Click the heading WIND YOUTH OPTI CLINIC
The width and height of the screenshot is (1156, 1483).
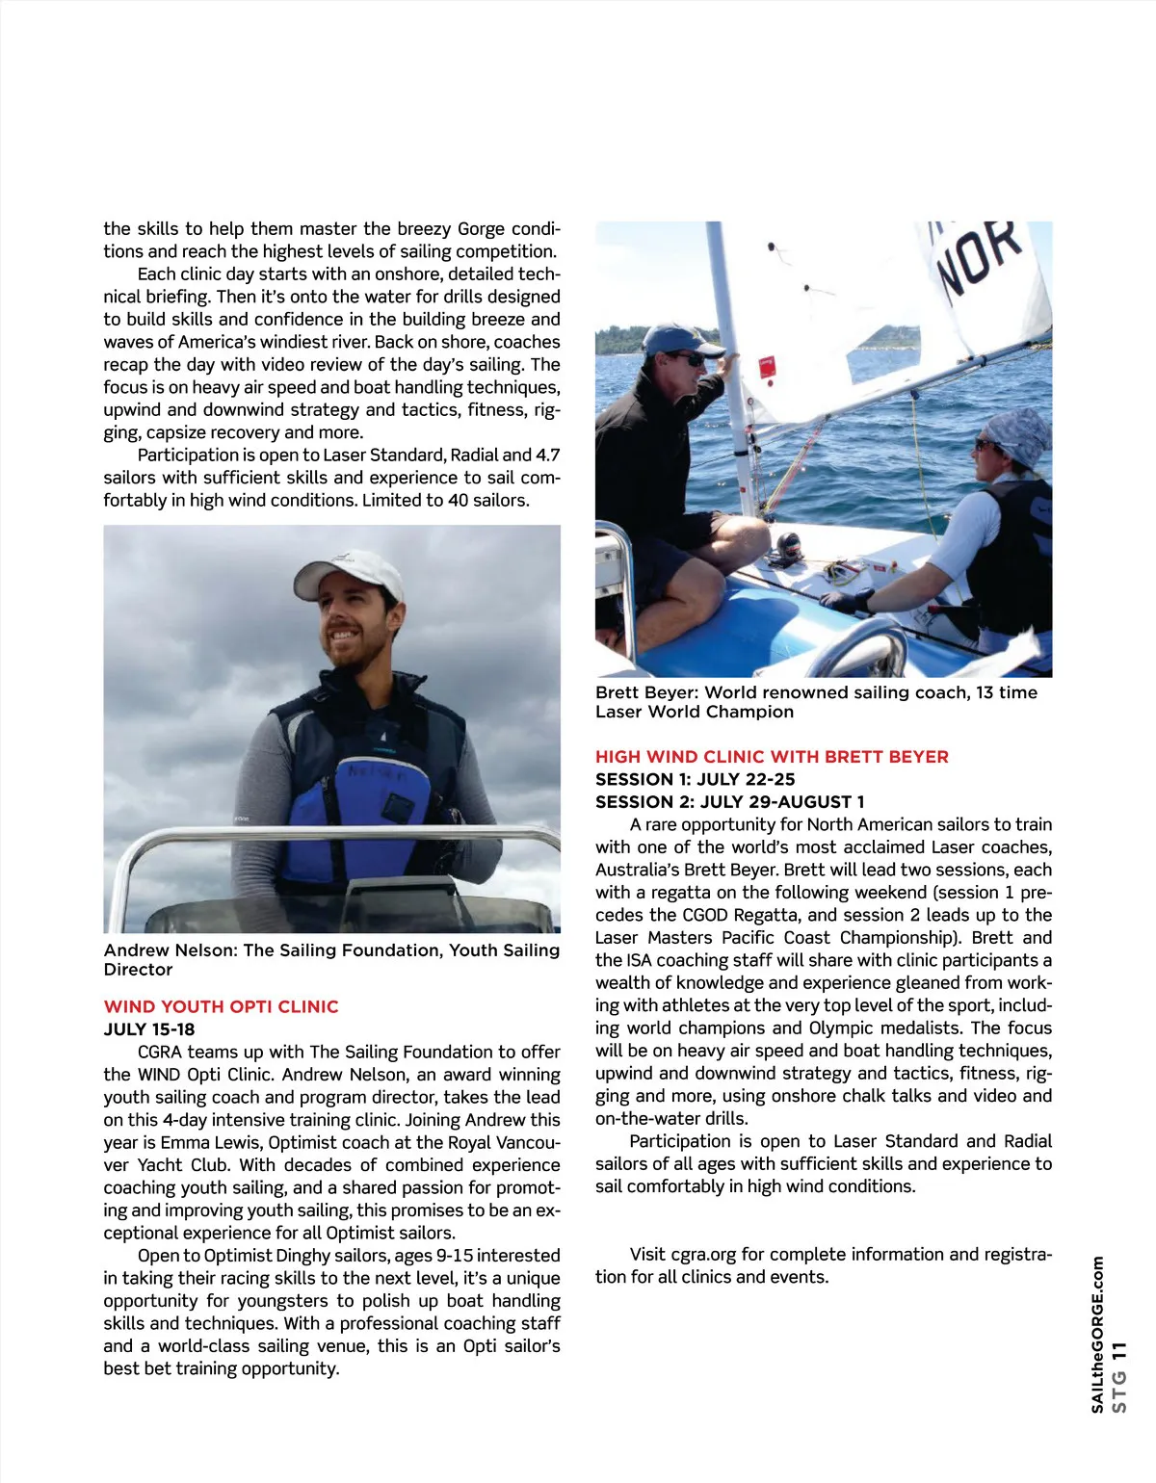point(221,1006)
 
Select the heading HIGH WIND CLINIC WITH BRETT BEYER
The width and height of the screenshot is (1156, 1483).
point(772,757)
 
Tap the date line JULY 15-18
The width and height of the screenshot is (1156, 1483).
point(149,1029)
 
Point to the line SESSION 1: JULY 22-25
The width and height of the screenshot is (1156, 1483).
point(696,779)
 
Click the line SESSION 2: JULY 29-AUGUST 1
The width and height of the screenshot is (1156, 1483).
point(730,801)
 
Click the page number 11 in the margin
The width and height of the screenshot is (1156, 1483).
point(1118,1352)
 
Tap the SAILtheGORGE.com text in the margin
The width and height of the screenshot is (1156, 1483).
point(1097,1335)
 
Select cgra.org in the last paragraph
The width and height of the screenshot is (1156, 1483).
point(703,1254)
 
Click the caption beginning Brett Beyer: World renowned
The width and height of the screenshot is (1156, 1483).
point(816,702)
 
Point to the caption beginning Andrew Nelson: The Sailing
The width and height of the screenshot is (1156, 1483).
point(331,959)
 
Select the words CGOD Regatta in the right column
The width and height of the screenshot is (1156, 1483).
point(742,915)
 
